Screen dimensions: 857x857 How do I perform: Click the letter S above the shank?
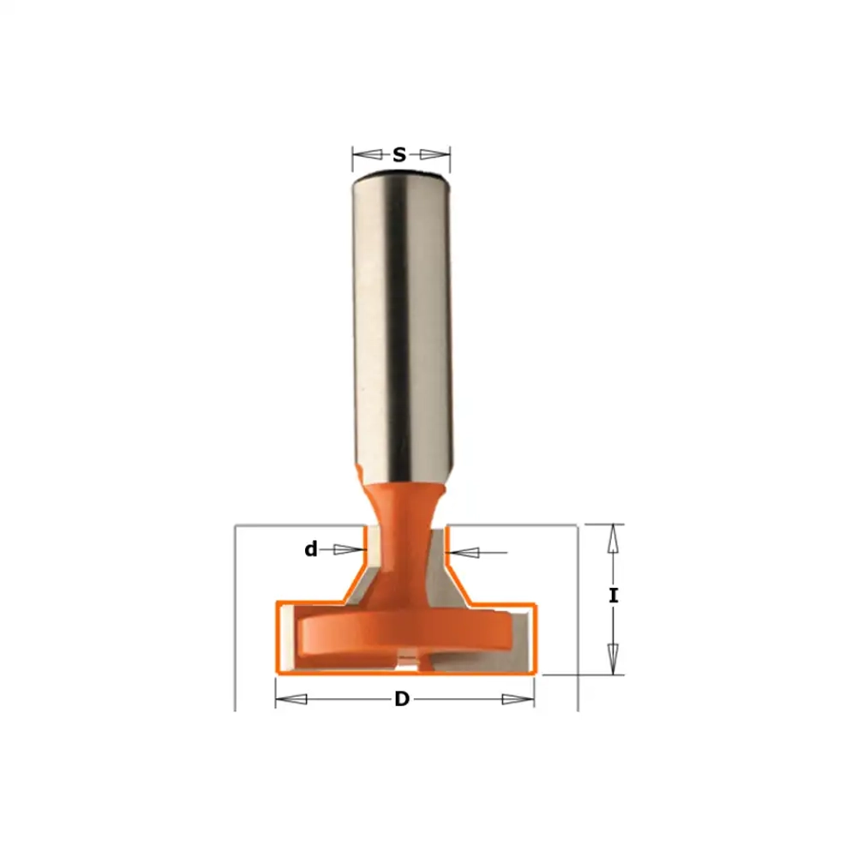399,155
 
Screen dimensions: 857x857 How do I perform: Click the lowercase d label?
311,548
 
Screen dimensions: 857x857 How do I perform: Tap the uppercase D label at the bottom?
402,698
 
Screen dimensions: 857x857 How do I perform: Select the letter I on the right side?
614,596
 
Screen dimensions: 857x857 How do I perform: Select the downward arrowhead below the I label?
614,658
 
